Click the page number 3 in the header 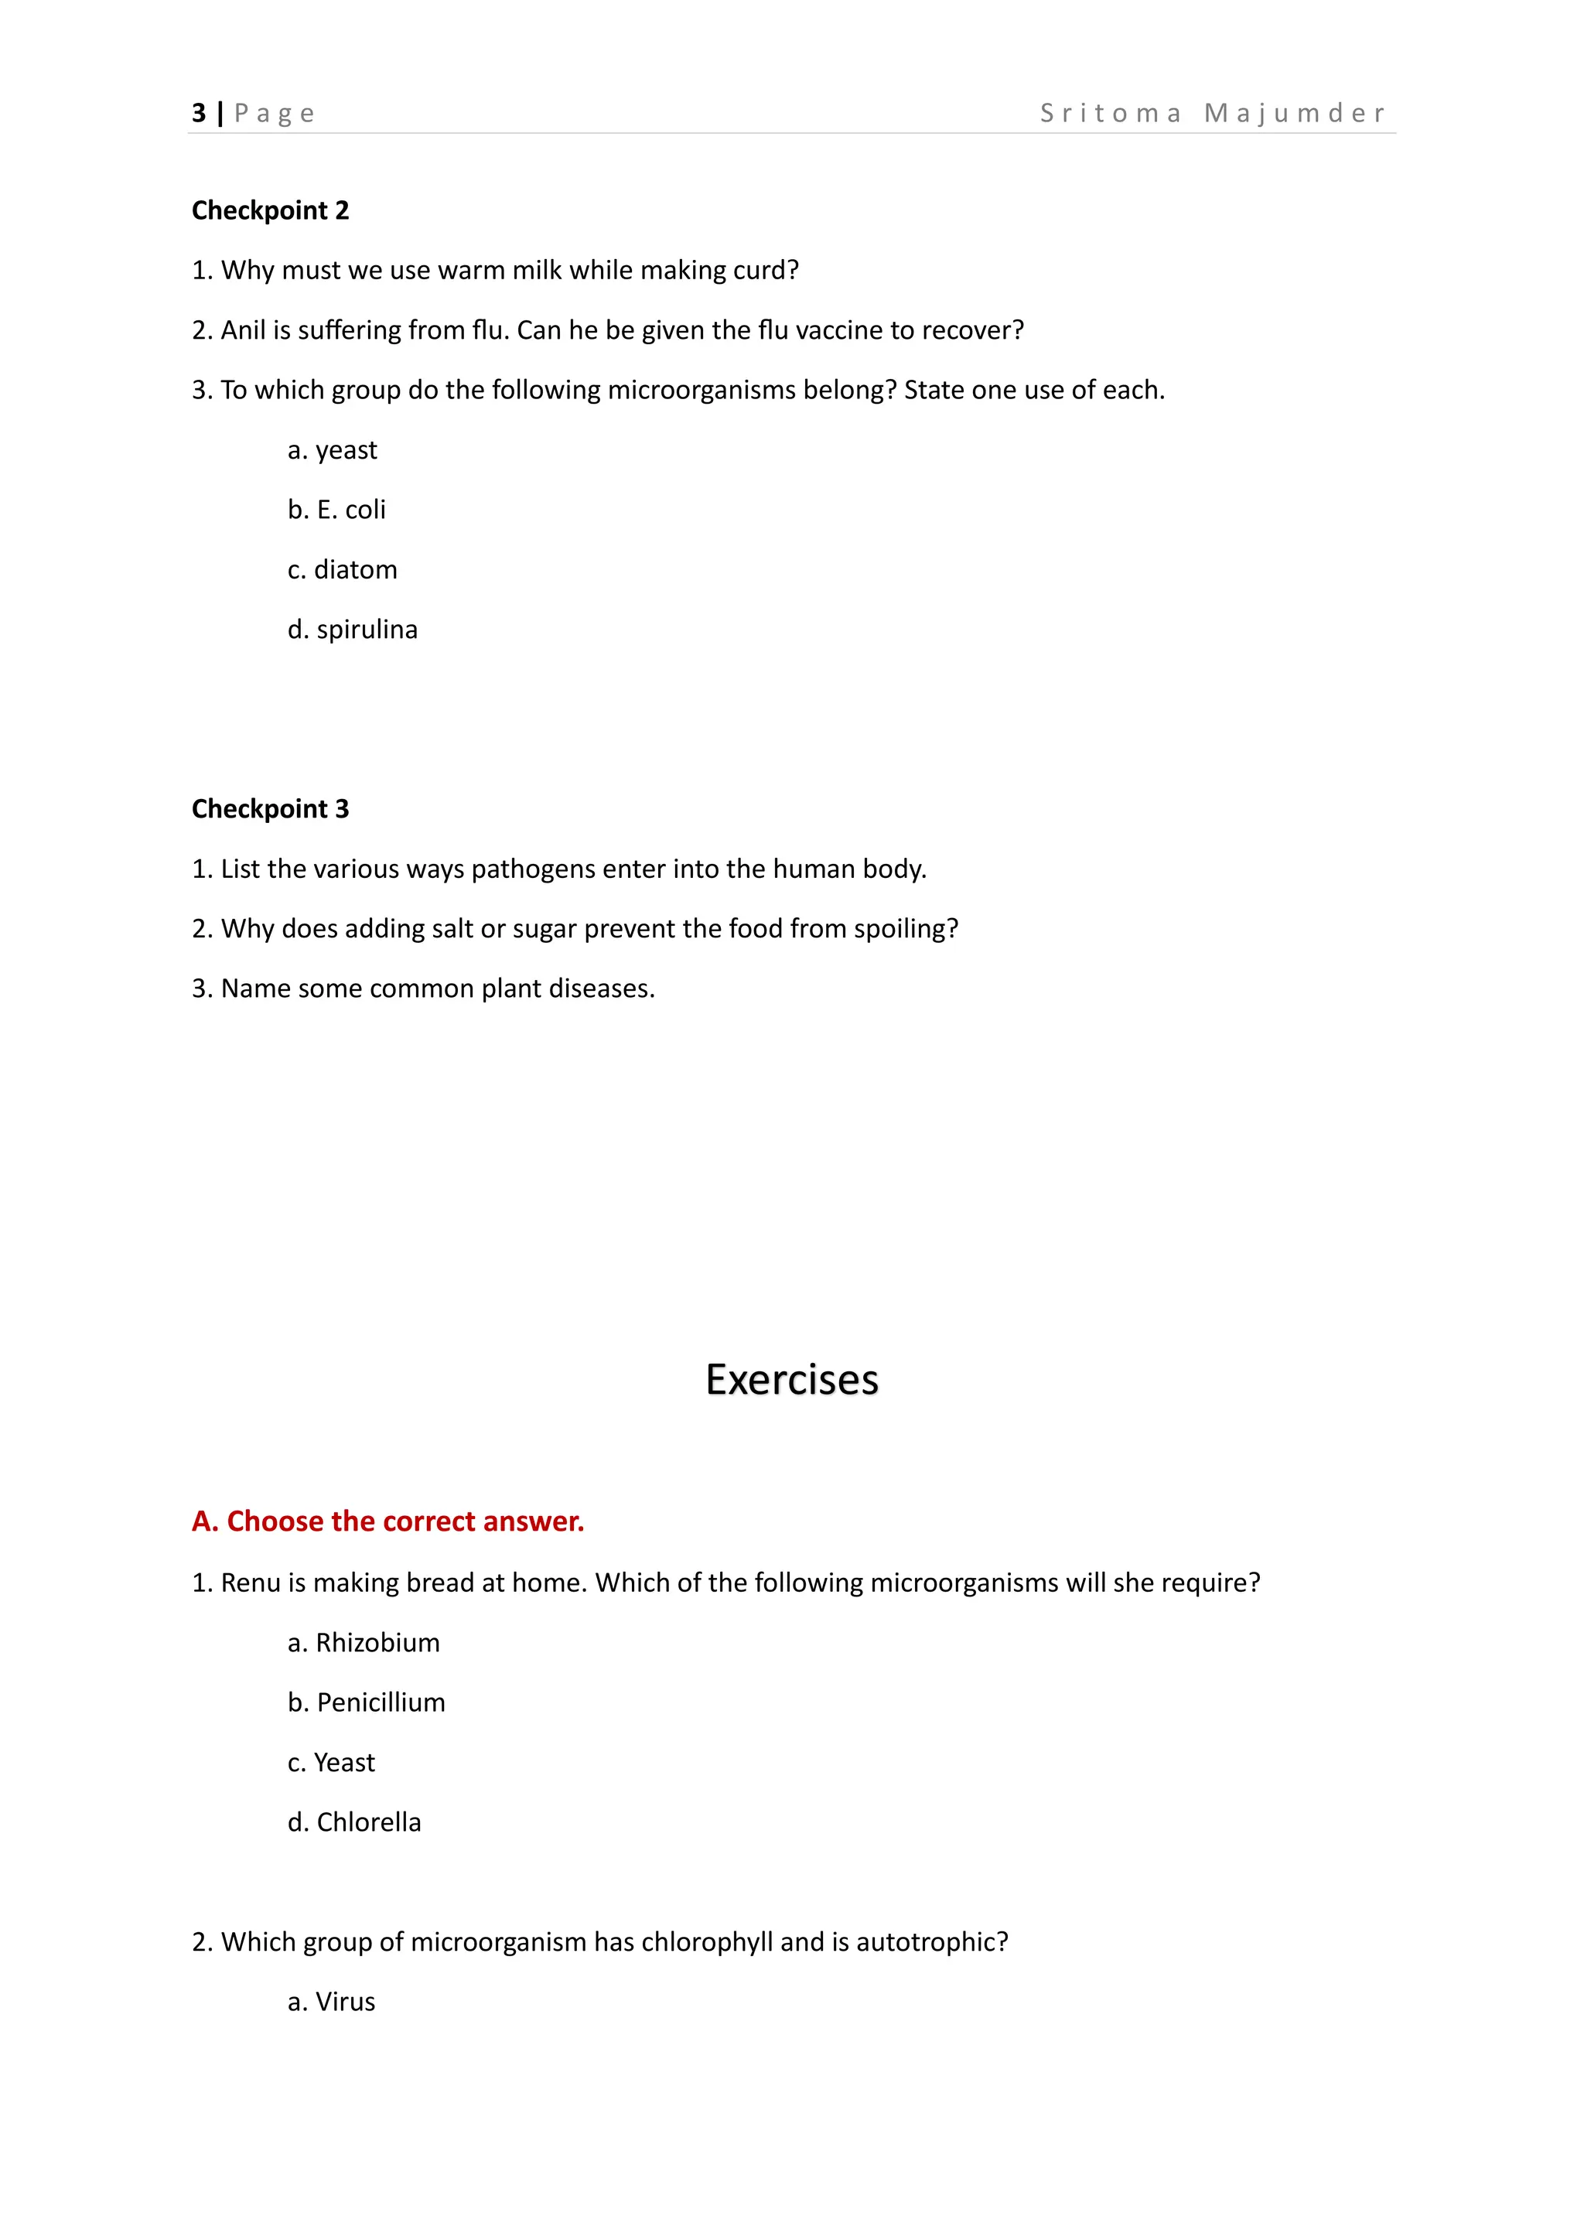click(x=199, y=113)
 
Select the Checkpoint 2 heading click(x=270, y=210)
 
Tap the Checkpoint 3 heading click(x=270, y=809)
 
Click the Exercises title click(x=791, y=1380)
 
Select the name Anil click(x=243, y=331)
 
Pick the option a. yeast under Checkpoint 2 click(x=333, y=451)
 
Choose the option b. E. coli click(x=336, y=510)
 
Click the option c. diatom click(x=343, y=570)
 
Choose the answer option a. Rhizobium click(x=364, y=1643)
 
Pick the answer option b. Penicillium click(x=366, y=1702)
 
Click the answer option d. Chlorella click(x=354, y=1822)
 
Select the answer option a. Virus click(x=332, y=2002)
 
